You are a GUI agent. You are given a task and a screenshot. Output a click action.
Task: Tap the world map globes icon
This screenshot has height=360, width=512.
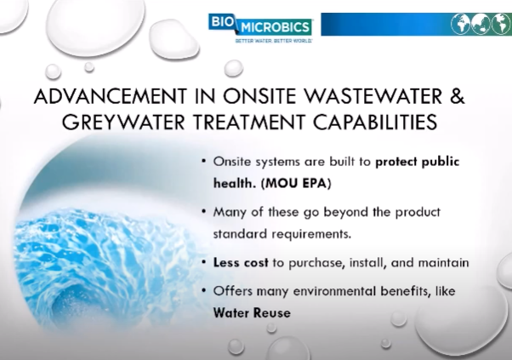(481, 24)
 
